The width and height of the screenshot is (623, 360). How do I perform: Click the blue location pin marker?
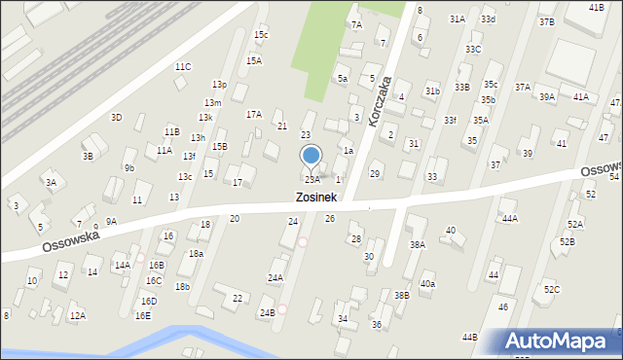pos(311,157)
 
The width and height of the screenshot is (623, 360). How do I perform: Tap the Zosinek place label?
pos(316,197)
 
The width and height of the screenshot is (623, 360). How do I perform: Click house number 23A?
pos(311,180)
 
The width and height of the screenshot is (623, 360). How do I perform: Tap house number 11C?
pos(183,66)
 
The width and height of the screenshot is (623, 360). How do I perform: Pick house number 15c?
pos(261,35)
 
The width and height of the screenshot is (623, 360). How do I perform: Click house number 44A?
pos(509,219)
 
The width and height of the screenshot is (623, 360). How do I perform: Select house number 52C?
pos(552,290)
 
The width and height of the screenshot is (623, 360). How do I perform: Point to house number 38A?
pos(417,245)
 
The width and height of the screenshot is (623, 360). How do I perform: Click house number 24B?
pos(267,312)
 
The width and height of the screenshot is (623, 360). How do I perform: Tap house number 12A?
pos(77,315)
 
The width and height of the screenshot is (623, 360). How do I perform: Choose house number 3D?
pos(116,117)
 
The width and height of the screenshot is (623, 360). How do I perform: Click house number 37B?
pos(546,21)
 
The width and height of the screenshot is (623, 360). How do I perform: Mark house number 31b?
pos(432,90)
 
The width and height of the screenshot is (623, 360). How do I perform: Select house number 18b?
pos(182,286)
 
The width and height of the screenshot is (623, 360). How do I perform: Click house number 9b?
pos(129,167)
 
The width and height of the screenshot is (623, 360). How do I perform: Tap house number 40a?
pos(427,284)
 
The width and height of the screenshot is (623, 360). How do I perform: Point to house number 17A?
pos(253,114)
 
